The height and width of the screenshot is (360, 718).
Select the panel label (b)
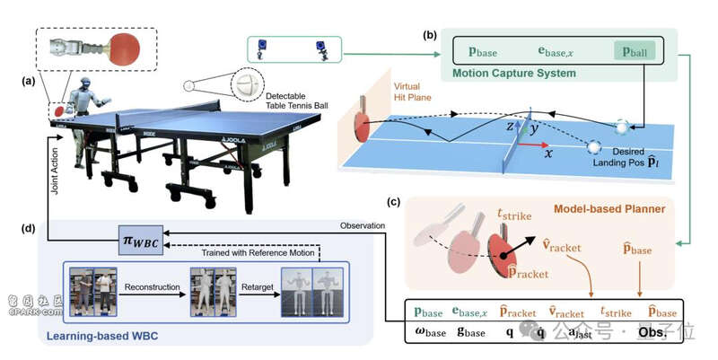[430, 37]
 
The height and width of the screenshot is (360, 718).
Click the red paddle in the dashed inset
[126, 46]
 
